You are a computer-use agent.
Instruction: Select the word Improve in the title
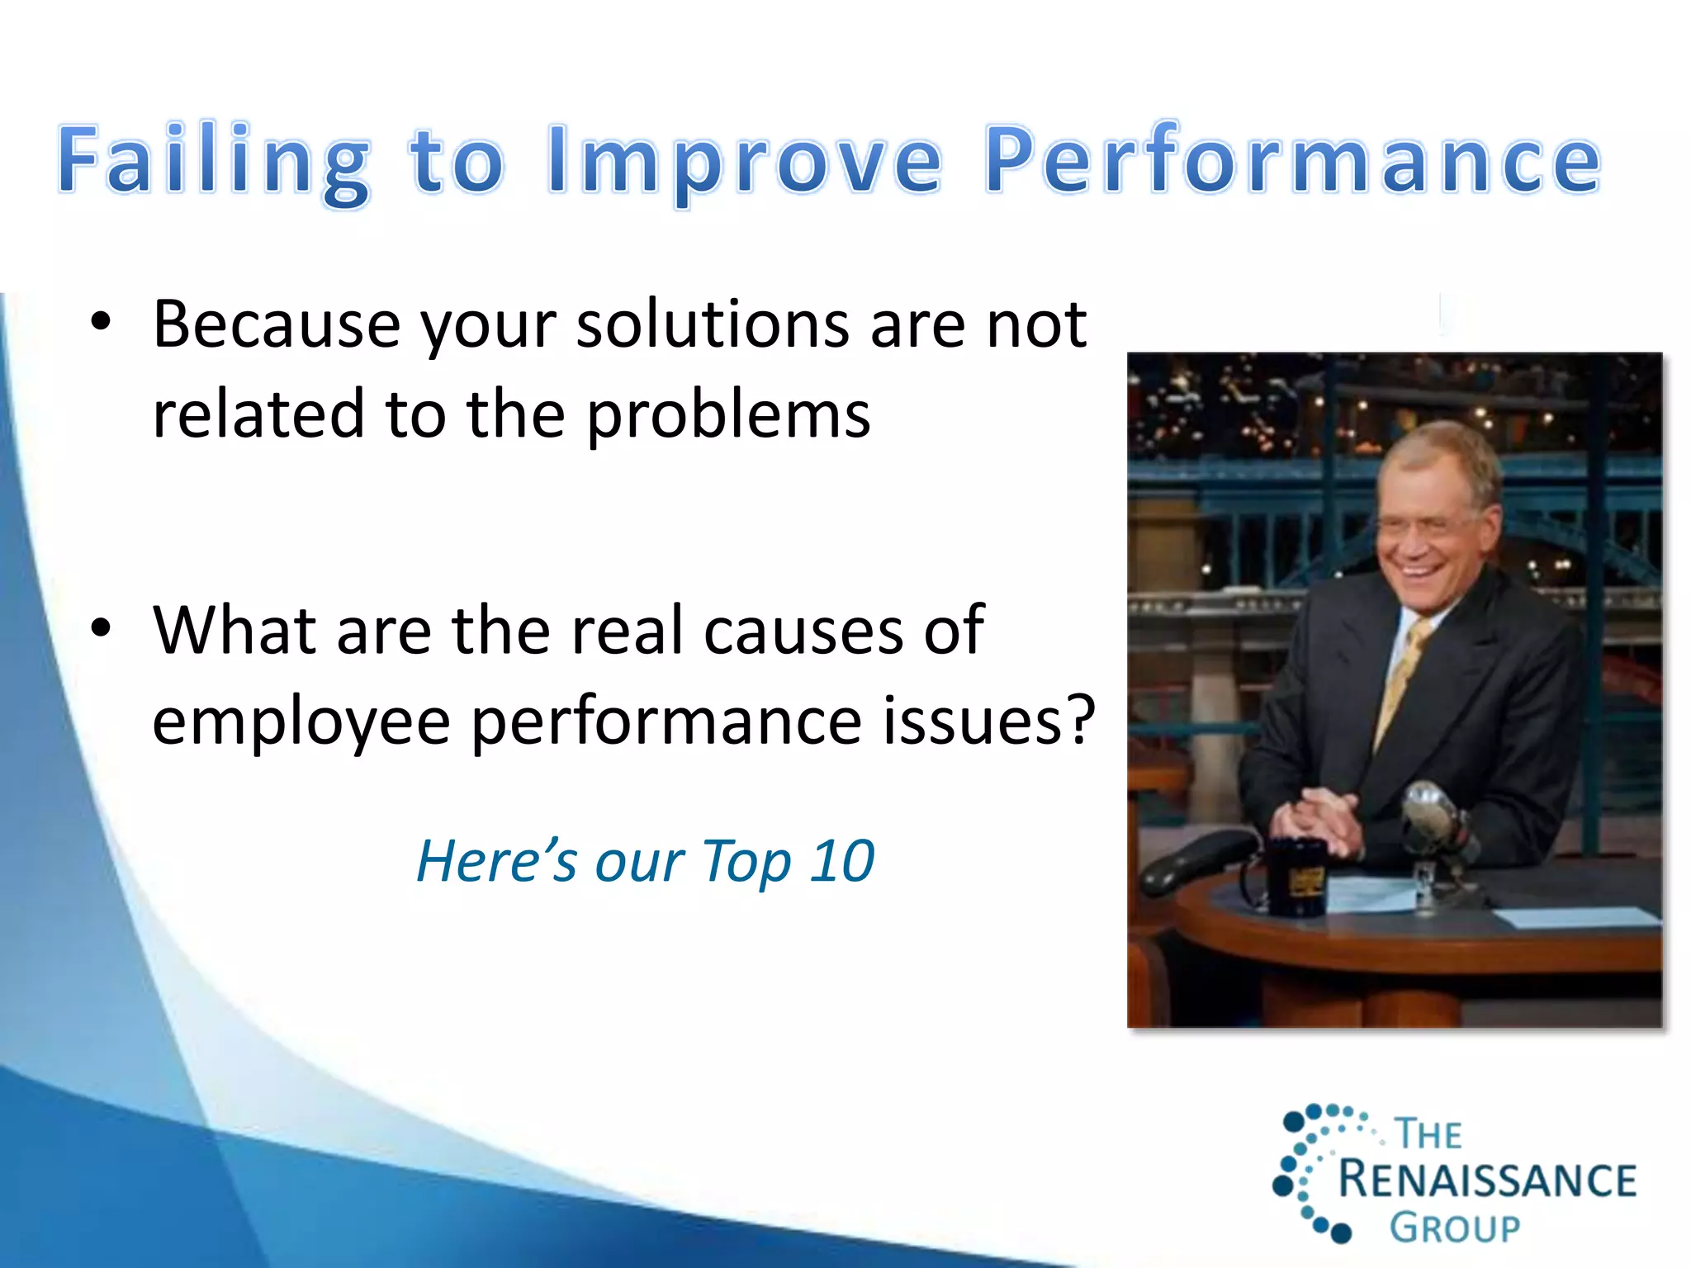pyautogui.click(x=743, y=161)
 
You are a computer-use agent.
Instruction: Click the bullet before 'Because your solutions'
pyautogui.click(x=101, y=323)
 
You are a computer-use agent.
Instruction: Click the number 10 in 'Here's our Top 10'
pyautogui.click(x=841, y=861)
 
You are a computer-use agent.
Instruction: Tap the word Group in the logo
pyautogui.click(x=1454, y=1228)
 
